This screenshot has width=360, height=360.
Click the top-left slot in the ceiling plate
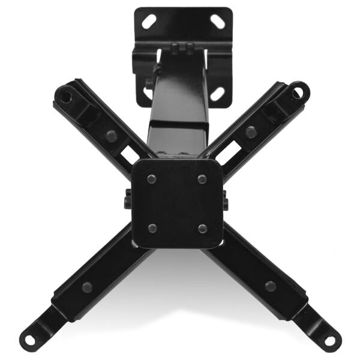[149, 22]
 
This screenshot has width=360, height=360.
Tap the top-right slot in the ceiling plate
[218, 22]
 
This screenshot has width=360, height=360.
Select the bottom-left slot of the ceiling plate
[148, 93]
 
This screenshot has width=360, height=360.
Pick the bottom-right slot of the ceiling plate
[217, 93]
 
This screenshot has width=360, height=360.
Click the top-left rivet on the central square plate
[152, 179]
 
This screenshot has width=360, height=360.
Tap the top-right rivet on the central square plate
[202, 179]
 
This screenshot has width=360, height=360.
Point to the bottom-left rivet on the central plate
[152, 228]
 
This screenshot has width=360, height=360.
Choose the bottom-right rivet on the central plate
[202, 228]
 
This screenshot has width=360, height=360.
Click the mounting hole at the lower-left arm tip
[29, 340]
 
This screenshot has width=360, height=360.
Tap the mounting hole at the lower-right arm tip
[331, 340]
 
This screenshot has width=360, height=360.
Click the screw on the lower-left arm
[88, 287]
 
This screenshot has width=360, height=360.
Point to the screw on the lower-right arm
[271, 286]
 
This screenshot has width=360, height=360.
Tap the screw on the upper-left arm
[111, 136]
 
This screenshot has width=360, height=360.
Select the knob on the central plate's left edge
[128, 200]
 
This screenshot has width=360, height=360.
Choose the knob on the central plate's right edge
[226, 200]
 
